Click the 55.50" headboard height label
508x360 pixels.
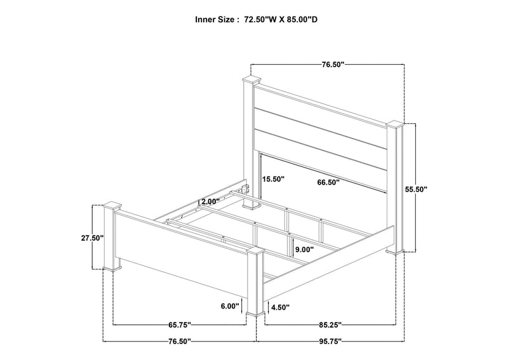pyautogui.click(x=416, y=189)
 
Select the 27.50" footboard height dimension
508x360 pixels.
pyautogui.click(x=92, y=238)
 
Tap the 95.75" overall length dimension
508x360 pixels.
pyautogui.click(x=330, y=341)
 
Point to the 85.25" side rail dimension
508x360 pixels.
pyautogui.click(x=330, y=324)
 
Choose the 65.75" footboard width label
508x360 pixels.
pyautogui.click(x=180, y=324)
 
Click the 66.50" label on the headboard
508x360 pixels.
pyautogui.click(x=328, y=182)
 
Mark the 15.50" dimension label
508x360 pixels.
pyautogui.click(x=273, y=178)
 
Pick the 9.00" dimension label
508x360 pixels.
pyautogui.click(x=304, y=250)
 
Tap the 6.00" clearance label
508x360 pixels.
pyautogui.click(x=230, y=305)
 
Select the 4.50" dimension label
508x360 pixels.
pyautogui.click(x=280, y=307)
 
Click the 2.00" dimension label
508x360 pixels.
pyautogui.click(x=210, y=201)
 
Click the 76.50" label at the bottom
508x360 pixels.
pyautogui.click(x=180, y=341)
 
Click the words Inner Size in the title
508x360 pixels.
pyautogui.click(x=214, y=20)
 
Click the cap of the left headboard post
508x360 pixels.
pyautogui.click(x=251, y=79)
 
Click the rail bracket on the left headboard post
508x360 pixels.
pyautogui.click(x=246, y=189)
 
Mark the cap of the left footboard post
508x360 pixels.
pyautogui.click(x=112, y=206)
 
